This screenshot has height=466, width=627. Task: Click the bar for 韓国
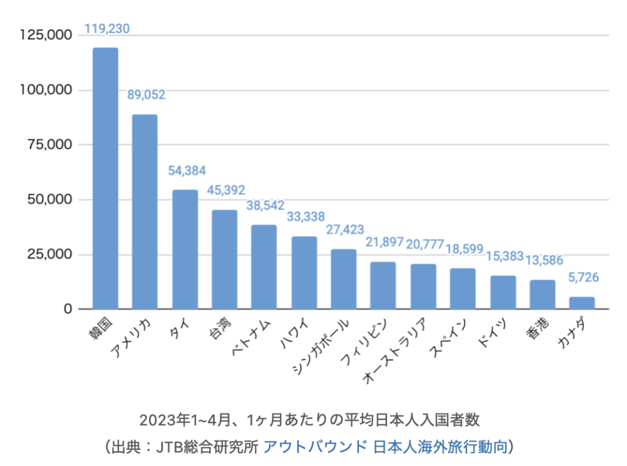(x=105, y=178)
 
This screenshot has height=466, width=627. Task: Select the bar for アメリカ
(x=145, y=212)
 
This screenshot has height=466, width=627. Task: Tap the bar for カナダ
(x=582, y=303)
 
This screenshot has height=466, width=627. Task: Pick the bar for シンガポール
(x=344, y=279)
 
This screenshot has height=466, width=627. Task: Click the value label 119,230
(x=107, y=29)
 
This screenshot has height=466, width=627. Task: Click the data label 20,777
(x=424, y=245)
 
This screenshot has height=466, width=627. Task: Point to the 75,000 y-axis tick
(x=51, y=145)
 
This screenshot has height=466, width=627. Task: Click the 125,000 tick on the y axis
(x=47, y=36)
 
